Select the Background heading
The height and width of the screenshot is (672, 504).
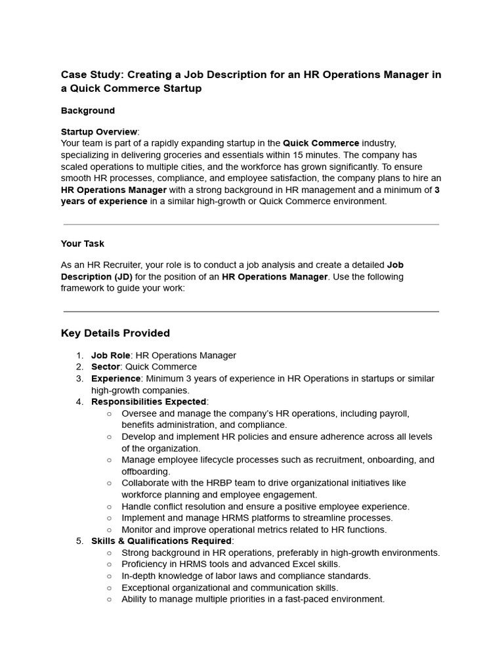click(87, 111)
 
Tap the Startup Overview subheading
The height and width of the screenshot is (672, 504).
click(99, 131)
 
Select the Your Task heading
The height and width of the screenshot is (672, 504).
click(83, 243)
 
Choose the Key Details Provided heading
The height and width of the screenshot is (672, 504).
click(115, 333)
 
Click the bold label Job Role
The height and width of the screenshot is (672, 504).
click(110, 356)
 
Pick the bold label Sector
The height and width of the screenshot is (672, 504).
click(106, 367)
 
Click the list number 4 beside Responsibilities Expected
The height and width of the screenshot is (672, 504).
click(79, 402)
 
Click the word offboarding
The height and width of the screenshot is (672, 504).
click(145, 471)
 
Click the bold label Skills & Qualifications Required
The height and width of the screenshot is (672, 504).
click(161, 541)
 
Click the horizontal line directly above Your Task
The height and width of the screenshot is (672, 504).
click(251, 224)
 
